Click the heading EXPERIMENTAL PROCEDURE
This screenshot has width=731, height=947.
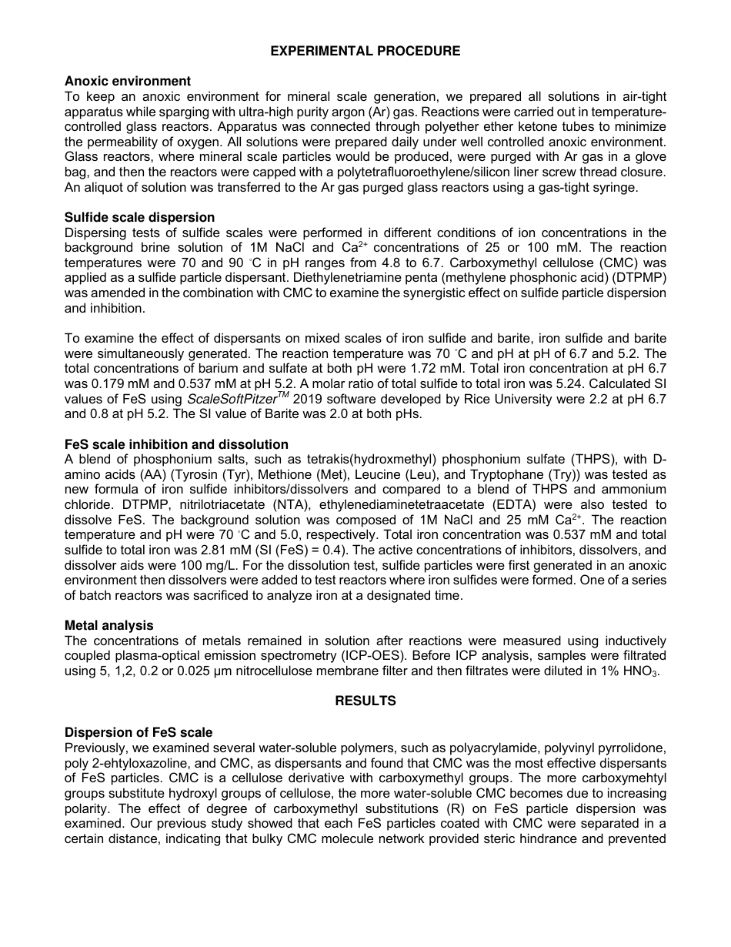click(365, 51)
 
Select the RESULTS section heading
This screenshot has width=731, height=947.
click(365, 701)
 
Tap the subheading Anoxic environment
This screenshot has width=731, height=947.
click(128, 81)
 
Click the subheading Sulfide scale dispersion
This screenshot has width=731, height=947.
click(139, 218)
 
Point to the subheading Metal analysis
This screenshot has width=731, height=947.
click(108, 626)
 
